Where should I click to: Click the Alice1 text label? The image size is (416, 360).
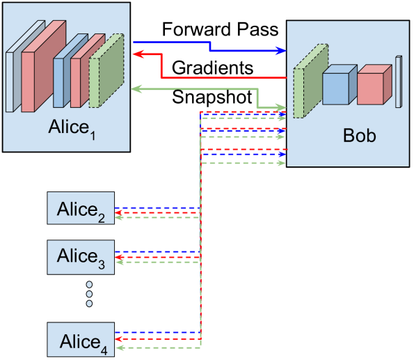point(72,129)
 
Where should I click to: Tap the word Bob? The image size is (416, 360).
point(359,135)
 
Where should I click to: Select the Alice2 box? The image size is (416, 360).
point(81,209)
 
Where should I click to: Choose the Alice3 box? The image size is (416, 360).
point(81,256)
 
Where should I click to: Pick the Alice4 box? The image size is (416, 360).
point(81,341)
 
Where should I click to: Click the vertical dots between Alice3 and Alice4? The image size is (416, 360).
point(89,294)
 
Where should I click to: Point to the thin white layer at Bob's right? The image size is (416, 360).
point(399,81)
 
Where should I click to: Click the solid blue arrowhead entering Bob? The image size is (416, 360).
point(281,51)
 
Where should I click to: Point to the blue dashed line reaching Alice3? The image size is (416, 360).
point(157,251)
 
